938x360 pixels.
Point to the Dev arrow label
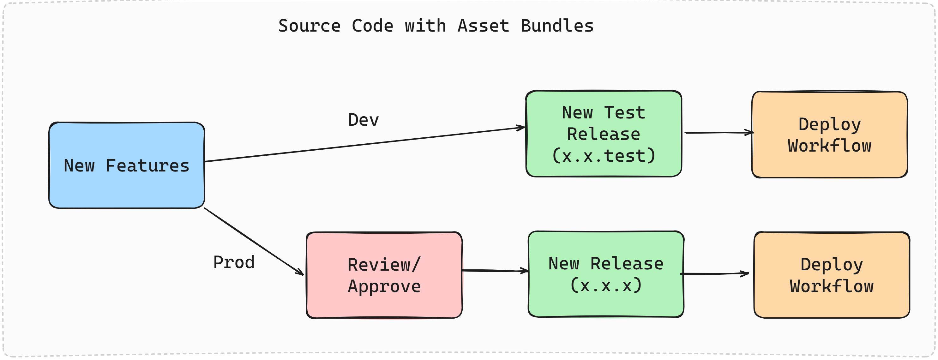point(364,120)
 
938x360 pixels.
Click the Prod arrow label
point(234,262)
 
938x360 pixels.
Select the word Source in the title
point(310,26)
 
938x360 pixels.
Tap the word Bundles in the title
point(557,26)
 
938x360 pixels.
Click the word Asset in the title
point(483,26)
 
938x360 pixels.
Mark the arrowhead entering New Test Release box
point(521,127)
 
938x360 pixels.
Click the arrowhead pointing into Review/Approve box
point(300,272)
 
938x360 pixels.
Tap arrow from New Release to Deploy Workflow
point(714,273)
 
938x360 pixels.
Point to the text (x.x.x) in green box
point(606,285)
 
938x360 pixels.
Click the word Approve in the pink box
point(384,286)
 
